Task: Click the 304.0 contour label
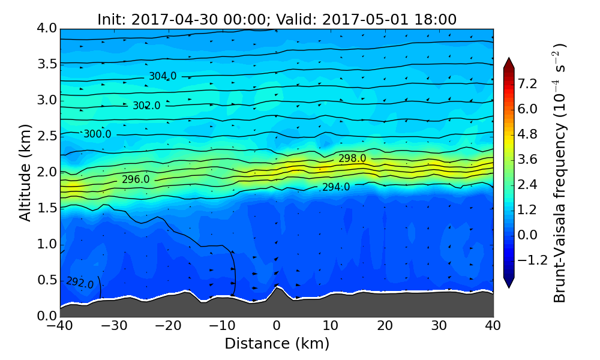coord(163,76)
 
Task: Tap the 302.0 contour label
coord(146,106)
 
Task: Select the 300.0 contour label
coord(97,134)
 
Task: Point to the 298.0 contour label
coord(352,158)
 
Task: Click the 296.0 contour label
coord(136,179)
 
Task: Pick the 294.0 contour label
coord(335,187)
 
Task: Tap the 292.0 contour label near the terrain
coord(80,283)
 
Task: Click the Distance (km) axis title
coord(277,344)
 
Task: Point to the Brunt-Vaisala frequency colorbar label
coord(559,173)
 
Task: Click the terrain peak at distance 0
coord(276,287)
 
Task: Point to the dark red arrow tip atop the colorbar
coord(509,61)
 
